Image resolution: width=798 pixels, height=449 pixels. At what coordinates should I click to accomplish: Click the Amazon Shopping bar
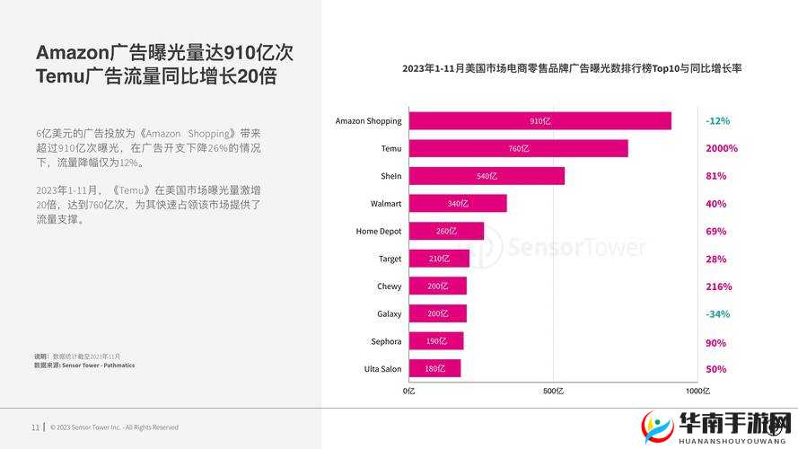(x=539, y=120)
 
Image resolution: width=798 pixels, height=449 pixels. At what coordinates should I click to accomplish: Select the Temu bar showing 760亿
(x=518, y=148)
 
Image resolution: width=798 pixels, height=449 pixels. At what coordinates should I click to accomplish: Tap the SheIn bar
(x=487, y=176)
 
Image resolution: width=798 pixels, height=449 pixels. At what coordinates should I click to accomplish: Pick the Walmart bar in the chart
(x=458, y=204)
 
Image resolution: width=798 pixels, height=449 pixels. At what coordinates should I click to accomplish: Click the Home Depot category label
(x=378, y=231)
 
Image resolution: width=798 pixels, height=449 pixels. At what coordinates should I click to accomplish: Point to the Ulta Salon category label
(x=382, y=369)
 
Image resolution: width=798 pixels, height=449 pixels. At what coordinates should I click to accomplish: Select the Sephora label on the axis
(x=386, y=341)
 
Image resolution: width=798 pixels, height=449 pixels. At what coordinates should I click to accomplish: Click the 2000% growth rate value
(x=721, y=148)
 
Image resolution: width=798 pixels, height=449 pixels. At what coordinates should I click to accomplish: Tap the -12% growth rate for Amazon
(x=717, y=120)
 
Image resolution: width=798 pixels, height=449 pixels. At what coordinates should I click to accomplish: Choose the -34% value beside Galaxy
(x=717, y=313)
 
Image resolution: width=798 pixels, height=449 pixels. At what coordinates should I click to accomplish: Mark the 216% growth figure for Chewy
(x=718, y=286)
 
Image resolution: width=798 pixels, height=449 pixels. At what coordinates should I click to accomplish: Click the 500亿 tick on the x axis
(x=554, y=392)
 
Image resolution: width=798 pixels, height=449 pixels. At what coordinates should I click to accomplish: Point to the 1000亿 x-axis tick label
(x=697, y=392)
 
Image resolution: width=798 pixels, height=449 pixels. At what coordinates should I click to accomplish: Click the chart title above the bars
(x=572, y=68)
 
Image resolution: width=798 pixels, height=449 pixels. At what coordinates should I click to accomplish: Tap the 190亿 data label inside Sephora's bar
(x=436, y=341)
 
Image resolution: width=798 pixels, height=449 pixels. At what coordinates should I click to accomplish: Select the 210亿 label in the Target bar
(x=439, y=259)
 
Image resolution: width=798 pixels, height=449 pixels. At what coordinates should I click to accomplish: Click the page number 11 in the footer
(x=35, y=427)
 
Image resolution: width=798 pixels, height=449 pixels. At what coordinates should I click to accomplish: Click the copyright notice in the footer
(x=114, y=427)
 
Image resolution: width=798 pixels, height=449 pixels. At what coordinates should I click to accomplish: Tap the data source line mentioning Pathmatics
(x=84, y=365)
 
